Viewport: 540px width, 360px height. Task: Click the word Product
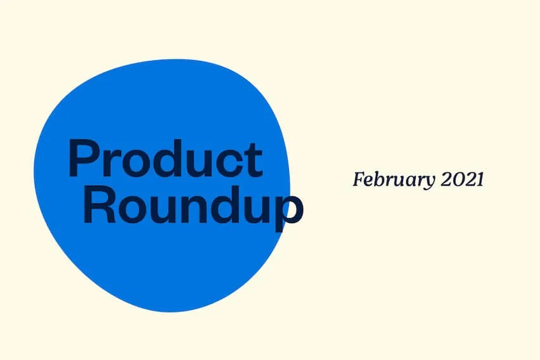(165, 158)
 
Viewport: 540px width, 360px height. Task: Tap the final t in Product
(255, 160)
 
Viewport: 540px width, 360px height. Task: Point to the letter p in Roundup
(290, 212)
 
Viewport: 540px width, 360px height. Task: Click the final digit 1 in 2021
(480, 179)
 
